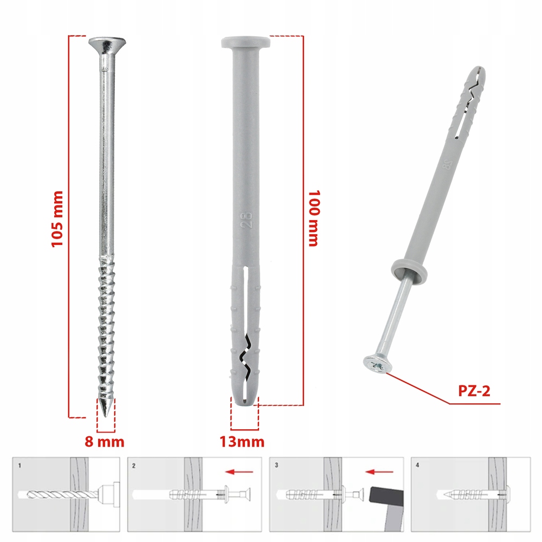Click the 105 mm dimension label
click(57, 219)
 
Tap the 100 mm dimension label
click(313, 218)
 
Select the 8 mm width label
click(105, 442)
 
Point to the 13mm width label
click(242, 442)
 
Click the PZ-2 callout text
click(474, 391)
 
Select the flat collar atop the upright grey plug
click(246, 42)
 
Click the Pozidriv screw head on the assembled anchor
click(375, 365)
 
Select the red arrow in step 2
click(239, 472)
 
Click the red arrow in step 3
click(379, 472)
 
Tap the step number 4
click(417, 465)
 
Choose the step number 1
click(20, 466)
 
